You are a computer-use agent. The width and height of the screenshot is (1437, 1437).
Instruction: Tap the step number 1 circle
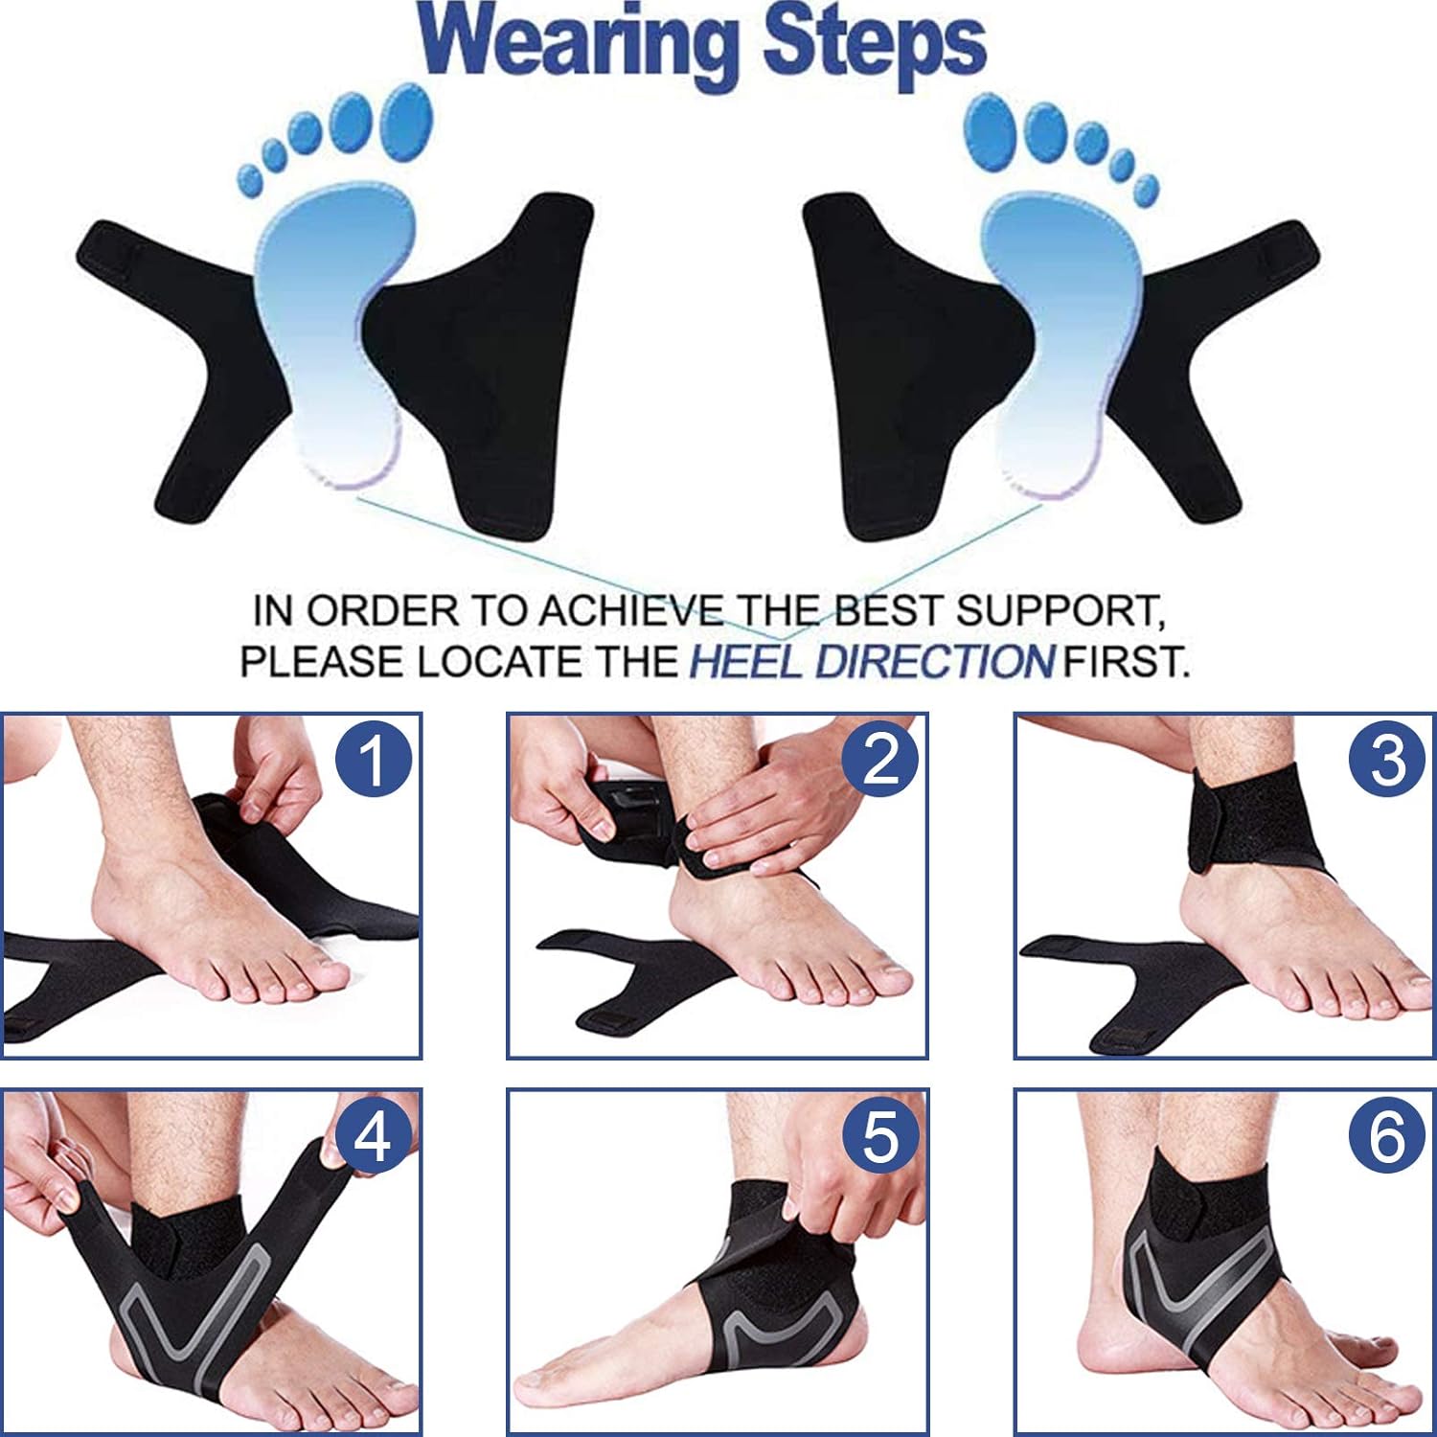pos(373,760)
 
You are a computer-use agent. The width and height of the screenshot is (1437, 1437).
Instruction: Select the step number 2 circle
pos(879,760)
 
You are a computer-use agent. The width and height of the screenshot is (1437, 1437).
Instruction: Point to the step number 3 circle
pos(1387,760)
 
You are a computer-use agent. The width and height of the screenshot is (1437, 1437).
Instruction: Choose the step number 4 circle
pos(373,1137)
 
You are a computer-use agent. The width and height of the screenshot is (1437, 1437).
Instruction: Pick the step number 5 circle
pos(879,1137)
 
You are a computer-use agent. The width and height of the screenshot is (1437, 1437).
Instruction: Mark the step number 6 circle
pos(1387,1137)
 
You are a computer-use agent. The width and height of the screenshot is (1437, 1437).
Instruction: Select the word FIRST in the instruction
pos(1127,662)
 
